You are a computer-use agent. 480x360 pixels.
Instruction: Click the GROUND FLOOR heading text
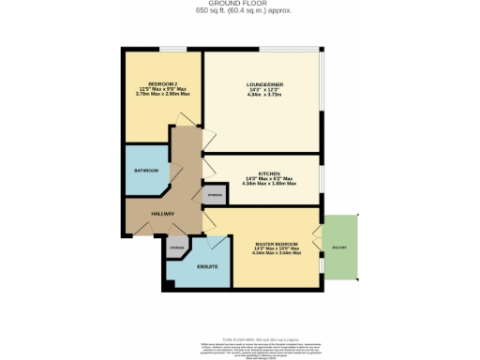click(239, 3)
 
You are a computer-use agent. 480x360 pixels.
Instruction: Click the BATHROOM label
click(144, 170)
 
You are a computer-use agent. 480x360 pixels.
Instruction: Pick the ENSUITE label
click(207, 267)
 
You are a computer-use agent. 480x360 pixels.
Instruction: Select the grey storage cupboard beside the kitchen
click(215, 194)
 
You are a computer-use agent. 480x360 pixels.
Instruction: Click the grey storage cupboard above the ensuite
click(176, 247)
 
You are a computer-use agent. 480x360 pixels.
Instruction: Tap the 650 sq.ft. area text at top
click(239, 10)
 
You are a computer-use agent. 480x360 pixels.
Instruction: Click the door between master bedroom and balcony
click(322, 247)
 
